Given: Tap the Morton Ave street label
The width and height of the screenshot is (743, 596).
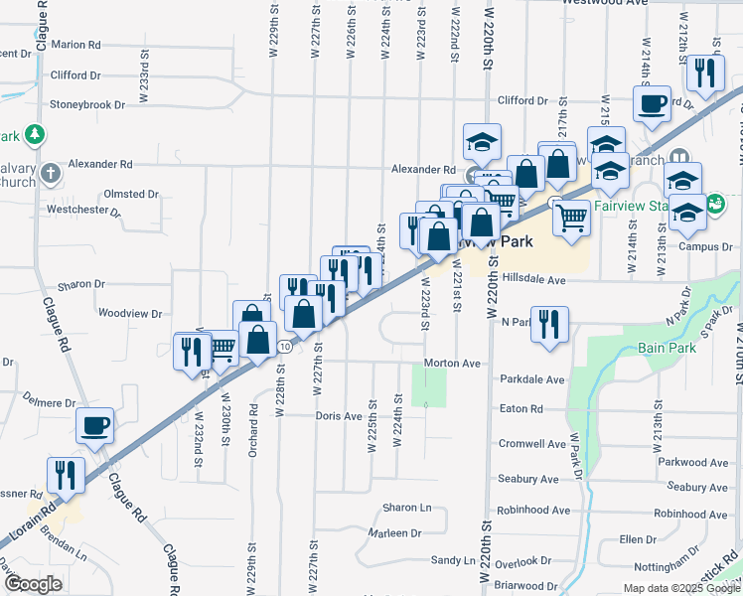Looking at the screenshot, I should pyautogui.click(x=452, y=364).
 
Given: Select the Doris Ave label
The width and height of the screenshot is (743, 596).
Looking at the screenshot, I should pyautogui.click(x=339, y=416).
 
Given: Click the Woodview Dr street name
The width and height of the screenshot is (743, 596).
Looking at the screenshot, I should pyautogui.click(x=130, y=314).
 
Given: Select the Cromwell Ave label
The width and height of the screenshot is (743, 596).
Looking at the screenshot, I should pyautogui.click(x=533, y=444).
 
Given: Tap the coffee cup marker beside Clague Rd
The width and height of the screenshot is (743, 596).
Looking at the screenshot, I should pyautogui.click(x=95, y=426).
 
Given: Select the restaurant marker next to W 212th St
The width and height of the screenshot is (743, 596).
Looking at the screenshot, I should pyautogui.click(x=704, y=72).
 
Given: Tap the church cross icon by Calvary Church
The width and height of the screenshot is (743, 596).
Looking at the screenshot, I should pyautogui.click(x=52, y=174).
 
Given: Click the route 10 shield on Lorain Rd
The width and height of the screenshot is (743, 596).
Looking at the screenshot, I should pyautogui.click(x=285, y=347).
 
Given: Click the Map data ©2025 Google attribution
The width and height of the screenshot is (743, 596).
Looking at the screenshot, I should pyautogui.click(x=680, y=588).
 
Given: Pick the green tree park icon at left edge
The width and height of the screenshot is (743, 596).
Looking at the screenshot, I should pyautogui.click(x=35, y=134).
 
